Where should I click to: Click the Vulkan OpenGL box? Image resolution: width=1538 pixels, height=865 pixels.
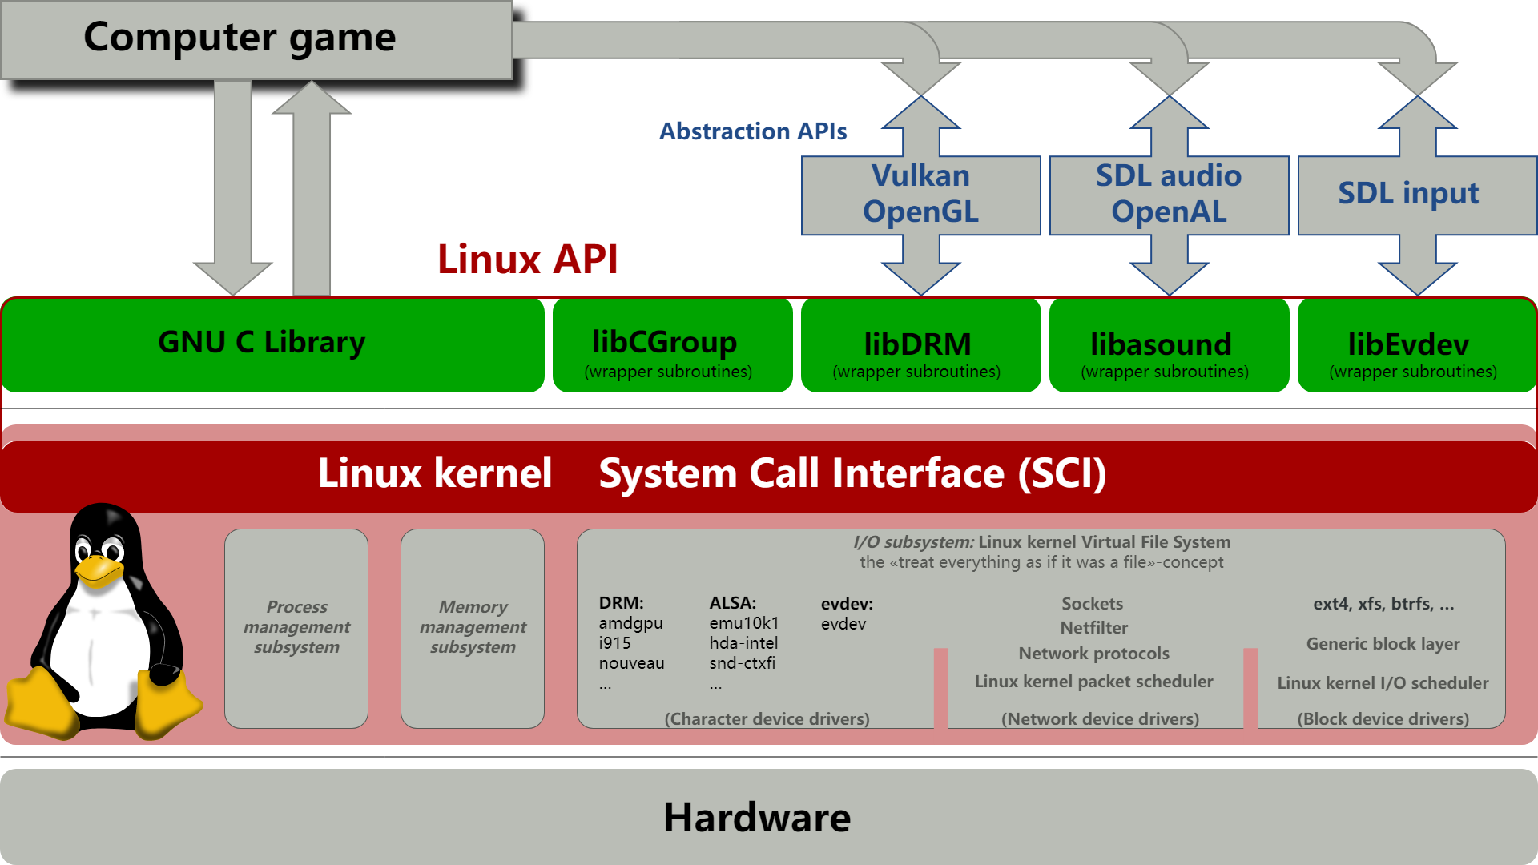pos(920,195)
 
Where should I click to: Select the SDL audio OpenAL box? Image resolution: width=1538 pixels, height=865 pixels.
pos(1169,195)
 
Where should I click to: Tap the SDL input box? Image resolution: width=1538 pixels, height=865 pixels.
pos(1410,194)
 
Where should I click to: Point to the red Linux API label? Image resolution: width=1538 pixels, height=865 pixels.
pos(527,259)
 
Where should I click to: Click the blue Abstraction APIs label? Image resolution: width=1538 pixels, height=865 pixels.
pos(752,131)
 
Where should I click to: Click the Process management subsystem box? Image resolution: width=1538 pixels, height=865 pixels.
pos(296,627)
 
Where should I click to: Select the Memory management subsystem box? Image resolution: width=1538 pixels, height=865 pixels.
pos(473,627)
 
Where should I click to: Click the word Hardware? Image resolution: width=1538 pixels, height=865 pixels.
pos(756,818)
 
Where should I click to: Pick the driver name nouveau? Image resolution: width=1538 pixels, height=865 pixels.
pos(631,663)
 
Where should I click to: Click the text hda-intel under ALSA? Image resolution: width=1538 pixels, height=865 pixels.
pos(743,643)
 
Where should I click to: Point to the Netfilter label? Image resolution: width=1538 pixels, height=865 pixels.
pos(1093,628)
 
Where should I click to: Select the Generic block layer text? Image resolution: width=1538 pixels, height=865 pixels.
pos(1383,644)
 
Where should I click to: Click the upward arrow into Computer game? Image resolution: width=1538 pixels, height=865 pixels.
pos(312,192)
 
